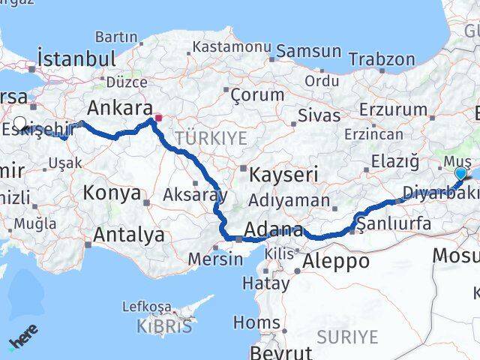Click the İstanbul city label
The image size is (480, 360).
tap(76, 58)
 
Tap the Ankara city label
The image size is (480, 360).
tap(120, 106)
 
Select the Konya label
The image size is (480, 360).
tap(112, 193)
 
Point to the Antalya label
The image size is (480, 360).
tap(129, 235)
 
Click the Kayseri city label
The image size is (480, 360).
tap(283, 175)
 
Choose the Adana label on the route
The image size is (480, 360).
tap(274, 230)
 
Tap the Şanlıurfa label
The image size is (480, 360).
tap(394, 223)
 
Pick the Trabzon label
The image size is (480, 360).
tap(381, 59)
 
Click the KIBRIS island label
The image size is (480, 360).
tap(165, 326)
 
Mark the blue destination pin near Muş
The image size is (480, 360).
tap(460, 173)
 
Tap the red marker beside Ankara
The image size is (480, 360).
tap(158, 118)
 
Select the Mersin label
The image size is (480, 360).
tap(215, 259)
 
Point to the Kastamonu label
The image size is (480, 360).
tap(232, 46)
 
